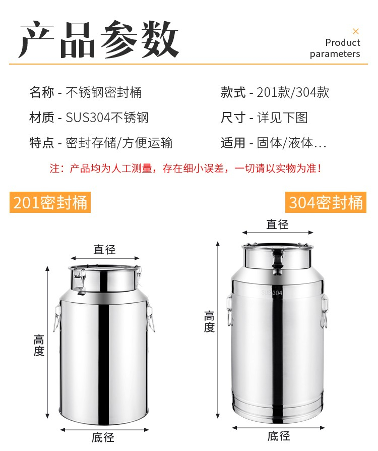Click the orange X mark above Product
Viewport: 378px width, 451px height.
click(356, 31)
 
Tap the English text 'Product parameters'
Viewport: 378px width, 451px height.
click(335, 48)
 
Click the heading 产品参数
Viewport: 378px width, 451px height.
click(99, 39)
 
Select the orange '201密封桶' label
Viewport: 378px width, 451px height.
click(50, 202)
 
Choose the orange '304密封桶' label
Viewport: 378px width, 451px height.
click(326, 202)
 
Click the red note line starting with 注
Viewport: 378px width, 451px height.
click(185, 168)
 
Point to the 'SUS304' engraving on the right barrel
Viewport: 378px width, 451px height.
click(272, 293)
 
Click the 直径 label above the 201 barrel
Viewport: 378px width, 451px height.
click(105, 249)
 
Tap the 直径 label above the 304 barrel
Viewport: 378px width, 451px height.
click(277, 224)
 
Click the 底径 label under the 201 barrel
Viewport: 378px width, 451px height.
click(103, 437)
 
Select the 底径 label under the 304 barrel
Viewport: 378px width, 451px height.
click(279, 436)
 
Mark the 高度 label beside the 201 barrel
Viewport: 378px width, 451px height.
click(39, 346)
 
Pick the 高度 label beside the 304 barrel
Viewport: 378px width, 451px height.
click(209, 321)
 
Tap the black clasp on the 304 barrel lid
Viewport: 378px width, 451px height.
click(278, 262)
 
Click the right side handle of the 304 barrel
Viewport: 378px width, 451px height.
click(324, 311)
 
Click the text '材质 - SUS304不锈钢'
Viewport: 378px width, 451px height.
click(89, 118)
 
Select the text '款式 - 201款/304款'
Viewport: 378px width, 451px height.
click(275, 92)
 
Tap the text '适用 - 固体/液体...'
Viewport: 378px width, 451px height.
click(273, 143)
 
